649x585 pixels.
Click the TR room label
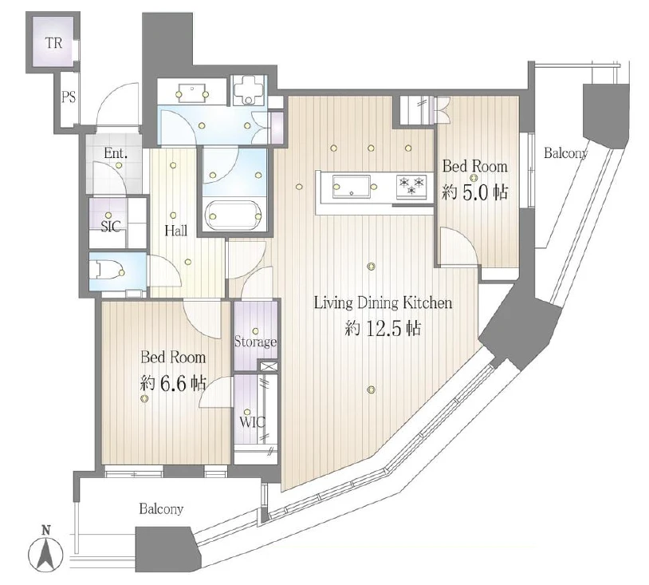click(x=53, y=42)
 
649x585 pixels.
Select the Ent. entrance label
click(x=115, y=153)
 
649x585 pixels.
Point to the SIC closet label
click(x=111, y=226)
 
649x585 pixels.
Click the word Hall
click(x=176, y=231)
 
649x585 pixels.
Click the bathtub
click(x=234, y=215)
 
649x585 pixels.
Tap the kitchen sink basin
click(x=352, y=188)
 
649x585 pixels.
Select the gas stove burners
click(x=411, y=185)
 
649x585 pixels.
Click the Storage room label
click(x=255, y=342)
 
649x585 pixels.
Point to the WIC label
click(x=252, y=423)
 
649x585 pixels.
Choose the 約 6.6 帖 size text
click(x=172, y=384)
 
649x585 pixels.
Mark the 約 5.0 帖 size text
click(x=474, y=192)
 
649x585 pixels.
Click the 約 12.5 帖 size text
click(x=383, y=329)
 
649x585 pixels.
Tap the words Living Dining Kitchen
click(x=383, y=302)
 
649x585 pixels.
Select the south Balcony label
click(x=161, y=508)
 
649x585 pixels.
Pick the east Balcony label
click(x=565, y=153)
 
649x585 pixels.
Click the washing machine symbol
click(x=249, y=90)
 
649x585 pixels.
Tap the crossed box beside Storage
click(x=269, y=366)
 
